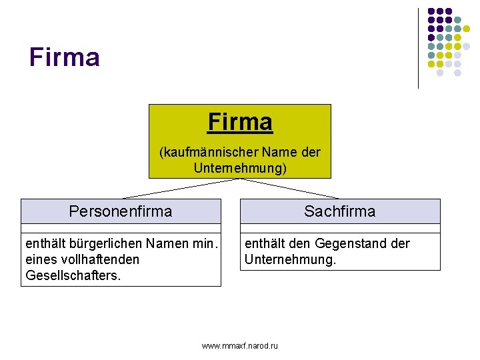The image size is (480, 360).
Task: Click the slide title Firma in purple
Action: click(x=64, y=57)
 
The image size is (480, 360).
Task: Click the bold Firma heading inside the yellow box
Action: click(x=240, y=122)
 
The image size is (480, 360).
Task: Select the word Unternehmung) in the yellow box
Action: click(x=240, y=168)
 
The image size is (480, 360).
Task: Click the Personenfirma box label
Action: click(x=121, y=211)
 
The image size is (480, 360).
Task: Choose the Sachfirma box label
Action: click(x=340, y=211)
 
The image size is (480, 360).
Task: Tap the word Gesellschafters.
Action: click(x=73, y=275)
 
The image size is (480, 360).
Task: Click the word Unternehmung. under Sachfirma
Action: click(x=291, y=259)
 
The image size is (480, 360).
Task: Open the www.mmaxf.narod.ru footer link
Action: click(x=240, y=345)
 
